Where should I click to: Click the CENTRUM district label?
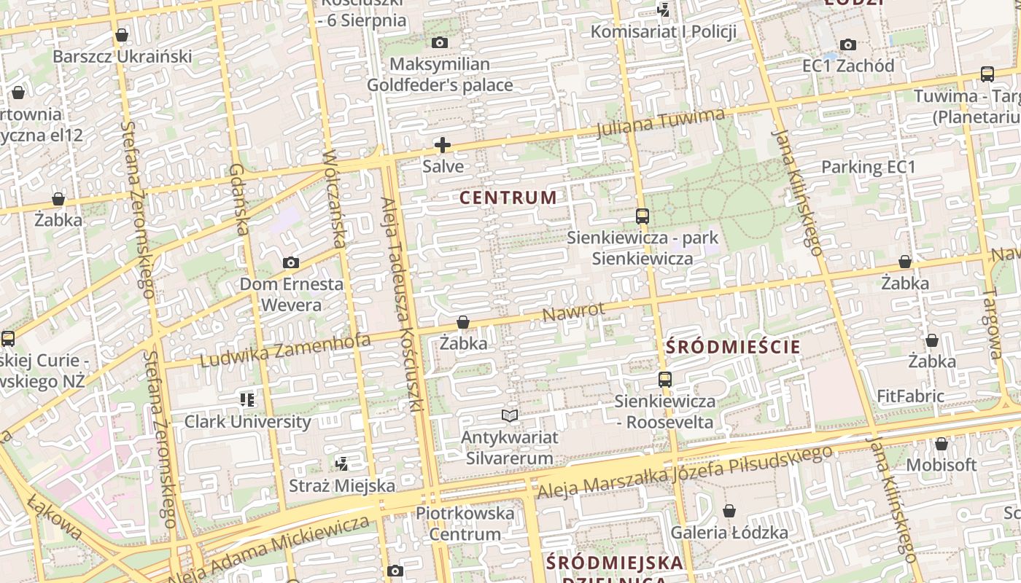point(508,197)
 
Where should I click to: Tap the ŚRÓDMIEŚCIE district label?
point(733,347)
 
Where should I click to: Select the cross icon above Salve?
point(443,145)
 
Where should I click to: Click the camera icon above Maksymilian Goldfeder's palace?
point(439,43)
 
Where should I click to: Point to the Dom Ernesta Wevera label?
point(291,294)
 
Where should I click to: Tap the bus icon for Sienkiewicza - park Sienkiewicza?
point(642,216)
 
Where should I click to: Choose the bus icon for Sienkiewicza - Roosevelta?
point(664,380)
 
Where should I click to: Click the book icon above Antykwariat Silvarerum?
point(510,416)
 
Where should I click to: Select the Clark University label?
point(247,421)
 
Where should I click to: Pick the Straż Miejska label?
point(342,485)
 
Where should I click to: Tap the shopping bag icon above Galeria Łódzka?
point(729,512)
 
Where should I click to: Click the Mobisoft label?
point(941,465)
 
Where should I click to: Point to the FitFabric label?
point(910,396)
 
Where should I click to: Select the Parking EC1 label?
point(868,167)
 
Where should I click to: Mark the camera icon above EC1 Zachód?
point(847,45)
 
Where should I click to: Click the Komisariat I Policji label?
point(663,31)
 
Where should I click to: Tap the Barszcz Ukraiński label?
point(122,56)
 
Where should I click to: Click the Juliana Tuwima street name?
point(661,122)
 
